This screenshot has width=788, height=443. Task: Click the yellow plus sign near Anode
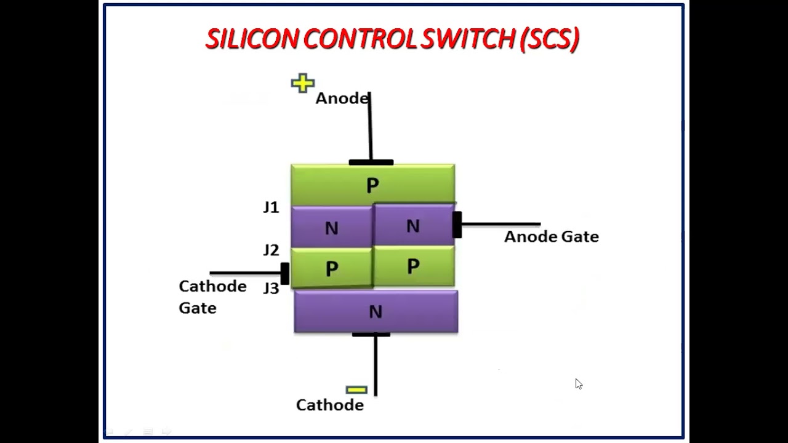pyautogui.click(x=303, y=83)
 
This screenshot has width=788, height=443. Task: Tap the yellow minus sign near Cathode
pyautogui.click(x=356, y=389)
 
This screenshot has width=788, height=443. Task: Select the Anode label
pyautogui.click(x=342, y=98)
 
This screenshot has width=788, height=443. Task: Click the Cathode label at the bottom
pyautogui.click(x=330, y=405)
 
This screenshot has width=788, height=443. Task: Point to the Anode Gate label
pyautogui.click(x=551, y=237)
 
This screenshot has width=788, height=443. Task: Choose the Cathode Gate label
pyautogui.click(x=212, y=297)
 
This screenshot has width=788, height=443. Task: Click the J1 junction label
pyautogui.click(x=271, y=207)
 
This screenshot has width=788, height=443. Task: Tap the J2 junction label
pyautogui.click(x=271, y=250)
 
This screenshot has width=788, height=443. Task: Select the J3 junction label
pyautogui.click(x=271, y=288)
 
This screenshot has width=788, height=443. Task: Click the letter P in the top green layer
pyautogui.click(x=372, y=185)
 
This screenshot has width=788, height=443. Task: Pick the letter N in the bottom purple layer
pyautogui.click(x=376, y=313)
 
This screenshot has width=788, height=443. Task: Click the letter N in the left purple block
pyautogui.click(x=331, y=228)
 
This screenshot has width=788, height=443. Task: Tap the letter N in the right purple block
pyautogui.click(x=413, y=226)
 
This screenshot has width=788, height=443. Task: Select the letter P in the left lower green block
pyautogui.click(x=332, y=268)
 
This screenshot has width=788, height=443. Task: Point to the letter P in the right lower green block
pyautogui.click(x=413, y=266)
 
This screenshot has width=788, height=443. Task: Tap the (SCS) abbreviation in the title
pyautogui.click(x=550, y=39)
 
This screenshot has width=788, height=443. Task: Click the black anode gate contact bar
pyautogui.click(x=457, y=225)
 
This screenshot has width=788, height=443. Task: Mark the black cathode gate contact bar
pyautogui.click(x=284, y=273)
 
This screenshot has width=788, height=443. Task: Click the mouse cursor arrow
pyautogui.click(x=578, y=383)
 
